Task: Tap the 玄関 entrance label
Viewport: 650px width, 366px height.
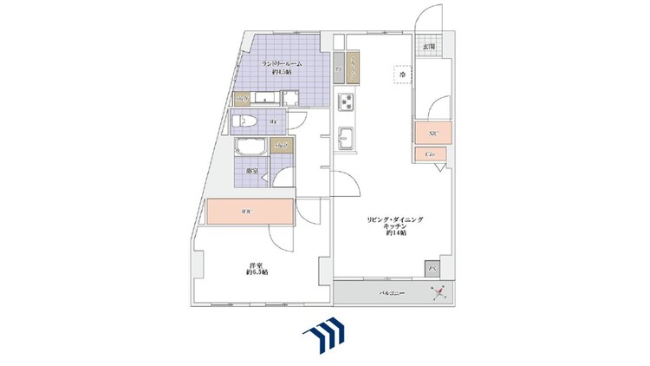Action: pyautogui.click(x=429, y=47)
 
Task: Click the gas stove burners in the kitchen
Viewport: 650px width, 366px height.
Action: pyautogui.click(x=347, y=102)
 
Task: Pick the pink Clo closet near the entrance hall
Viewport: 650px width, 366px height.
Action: pyautogui.click(x=431, y=154)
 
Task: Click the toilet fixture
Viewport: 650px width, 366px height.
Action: pyautogui.click(x=245, y=121)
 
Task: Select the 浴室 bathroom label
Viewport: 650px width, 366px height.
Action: pyautogui.click(x=251, y=171)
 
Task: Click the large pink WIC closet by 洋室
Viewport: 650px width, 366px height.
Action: pyautogui.click(x=249, y=212)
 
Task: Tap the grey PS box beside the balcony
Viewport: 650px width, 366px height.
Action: pyautogui.click(x=431, y=268)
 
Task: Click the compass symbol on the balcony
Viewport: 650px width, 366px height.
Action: pyautogui.click(x=439, y=292)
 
